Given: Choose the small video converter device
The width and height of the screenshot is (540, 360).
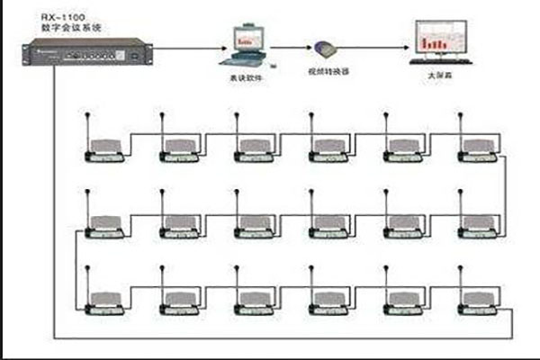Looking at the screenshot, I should coord(327,49).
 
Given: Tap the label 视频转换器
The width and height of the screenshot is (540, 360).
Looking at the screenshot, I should coord(328,71).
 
